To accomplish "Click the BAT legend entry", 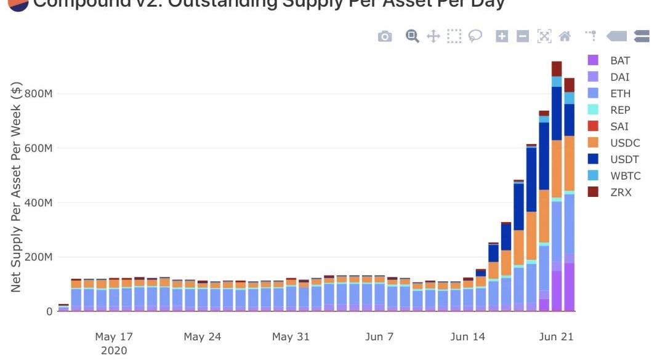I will [619, 60].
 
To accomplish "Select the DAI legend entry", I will [619, 77].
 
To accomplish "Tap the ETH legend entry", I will [620, 94].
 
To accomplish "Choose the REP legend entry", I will [620, 110].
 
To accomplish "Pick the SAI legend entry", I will [619, 127].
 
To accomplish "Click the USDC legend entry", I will [624, 143].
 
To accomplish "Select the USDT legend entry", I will [624, 159].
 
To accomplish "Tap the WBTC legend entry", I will [625, 176].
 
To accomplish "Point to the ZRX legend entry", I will [620, 193].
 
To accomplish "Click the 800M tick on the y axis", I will [38, 94].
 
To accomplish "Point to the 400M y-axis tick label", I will [38, 202].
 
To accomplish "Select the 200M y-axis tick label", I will [38, 257].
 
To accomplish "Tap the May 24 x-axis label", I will [203, 337].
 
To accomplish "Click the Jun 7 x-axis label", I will [379, 337].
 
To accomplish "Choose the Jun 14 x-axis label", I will [468, 337].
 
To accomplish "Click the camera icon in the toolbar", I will [385, 36].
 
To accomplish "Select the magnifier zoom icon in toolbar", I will [413, 36].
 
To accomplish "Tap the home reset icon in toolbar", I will [565, 36].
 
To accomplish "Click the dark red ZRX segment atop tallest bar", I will [557, 68].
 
